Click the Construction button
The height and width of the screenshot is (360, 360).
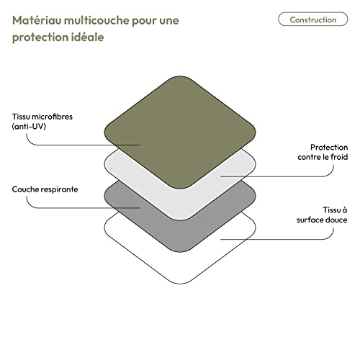[313, 19]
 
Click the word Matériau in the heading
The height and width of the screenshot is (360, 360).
[37, 20]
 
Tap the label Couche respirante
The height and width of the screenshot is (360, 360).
[45, 189]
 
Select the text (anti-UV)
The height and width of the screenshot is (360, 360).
[29, 127]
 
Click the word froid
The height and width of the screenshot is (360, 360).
[339, 157]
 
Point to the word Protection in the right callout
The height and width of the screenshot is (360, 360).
[329, 147]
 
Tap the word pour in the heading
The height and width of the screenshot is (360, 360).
[144, 21]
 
